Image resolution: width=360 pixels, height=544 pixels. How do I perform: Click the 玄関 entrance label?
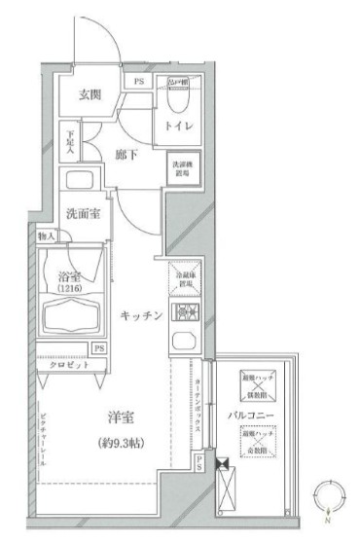[90, 94]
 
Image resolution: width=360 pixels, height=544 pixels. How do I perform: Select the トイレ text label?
[183, 125]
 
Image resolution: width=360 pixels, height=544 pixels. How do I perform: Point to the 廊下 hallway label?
[126, 154]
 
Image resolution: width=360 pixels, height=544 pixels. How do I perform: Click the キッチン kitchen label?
[139, 314]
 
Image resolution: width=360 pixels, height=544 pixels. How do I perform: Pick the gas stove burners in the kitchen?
[185, 313]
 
